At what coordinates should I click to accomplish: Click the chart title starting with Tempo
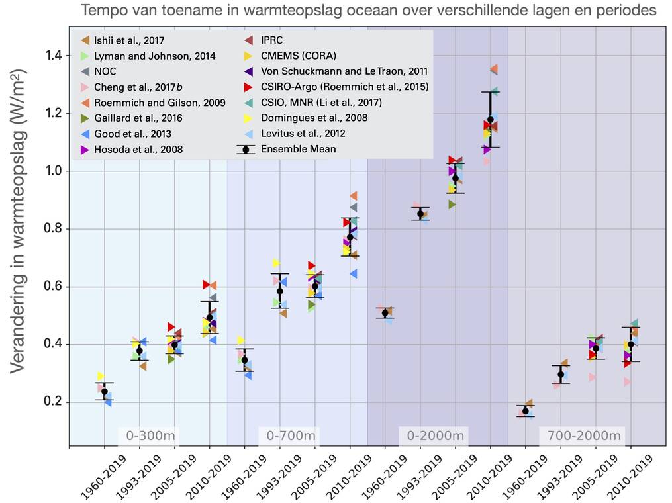tap(369, 11)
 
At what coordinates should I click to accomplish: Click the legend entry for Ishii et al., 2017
tap(130, 40)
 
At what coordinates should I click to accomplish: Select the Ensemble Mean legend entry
tap(298, 149)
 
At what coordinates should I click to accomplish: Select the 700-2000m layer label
tap(580, 435)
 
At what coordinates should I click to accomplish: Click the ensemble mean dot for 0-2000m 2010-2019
tap(491, 120)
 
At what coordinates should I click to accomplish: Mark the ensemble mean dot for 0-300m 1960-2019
tap(105, 392)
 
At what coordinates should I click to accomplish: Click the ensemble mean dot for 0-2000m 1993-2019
tap(420, 213)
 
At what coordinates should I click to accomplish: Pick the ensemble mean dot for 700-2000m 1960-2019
tap(526, 411)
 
